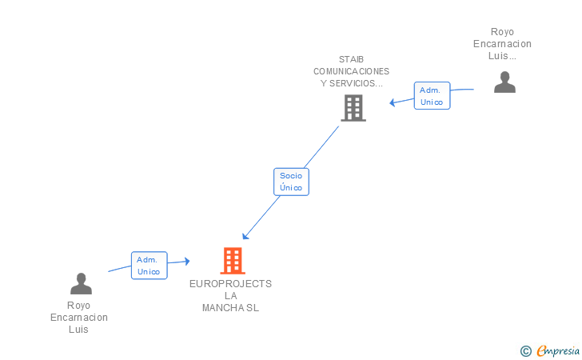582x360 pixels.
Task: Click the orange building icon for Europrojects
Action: (232, 260)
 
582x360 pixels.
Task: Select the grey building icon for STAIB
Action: (353, 107)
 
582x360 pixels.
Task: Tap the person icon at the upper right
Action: (504, 82)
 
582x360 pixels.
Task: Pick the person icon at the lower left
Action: (81, 283)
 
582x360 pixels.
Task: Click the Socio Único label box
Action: (291, 182)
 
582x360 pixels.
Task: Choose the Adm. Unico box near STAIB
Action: (432, 96)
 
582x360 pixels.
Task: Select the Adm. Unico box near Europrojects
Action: (149, 266)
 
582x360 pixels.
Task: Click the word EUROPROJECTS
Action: (230, 284)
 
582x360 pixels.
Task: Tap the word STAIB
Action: (351, 59)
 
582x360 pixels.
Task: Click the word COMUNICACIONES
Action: (351, 71)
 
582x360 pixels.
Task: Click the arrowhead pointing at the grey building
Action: (393, 102)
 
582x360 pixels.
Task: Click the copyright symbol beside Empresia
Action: (525, 350)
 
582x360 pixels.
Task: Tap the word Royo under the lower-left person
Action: (78, 306)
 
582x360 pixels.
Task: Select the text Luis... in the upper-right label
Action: (502, 56)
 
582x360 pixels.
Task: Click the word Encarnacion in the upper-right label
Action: (502, 44)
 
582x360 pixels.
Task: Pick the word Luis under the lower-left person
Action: (78, 330)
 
